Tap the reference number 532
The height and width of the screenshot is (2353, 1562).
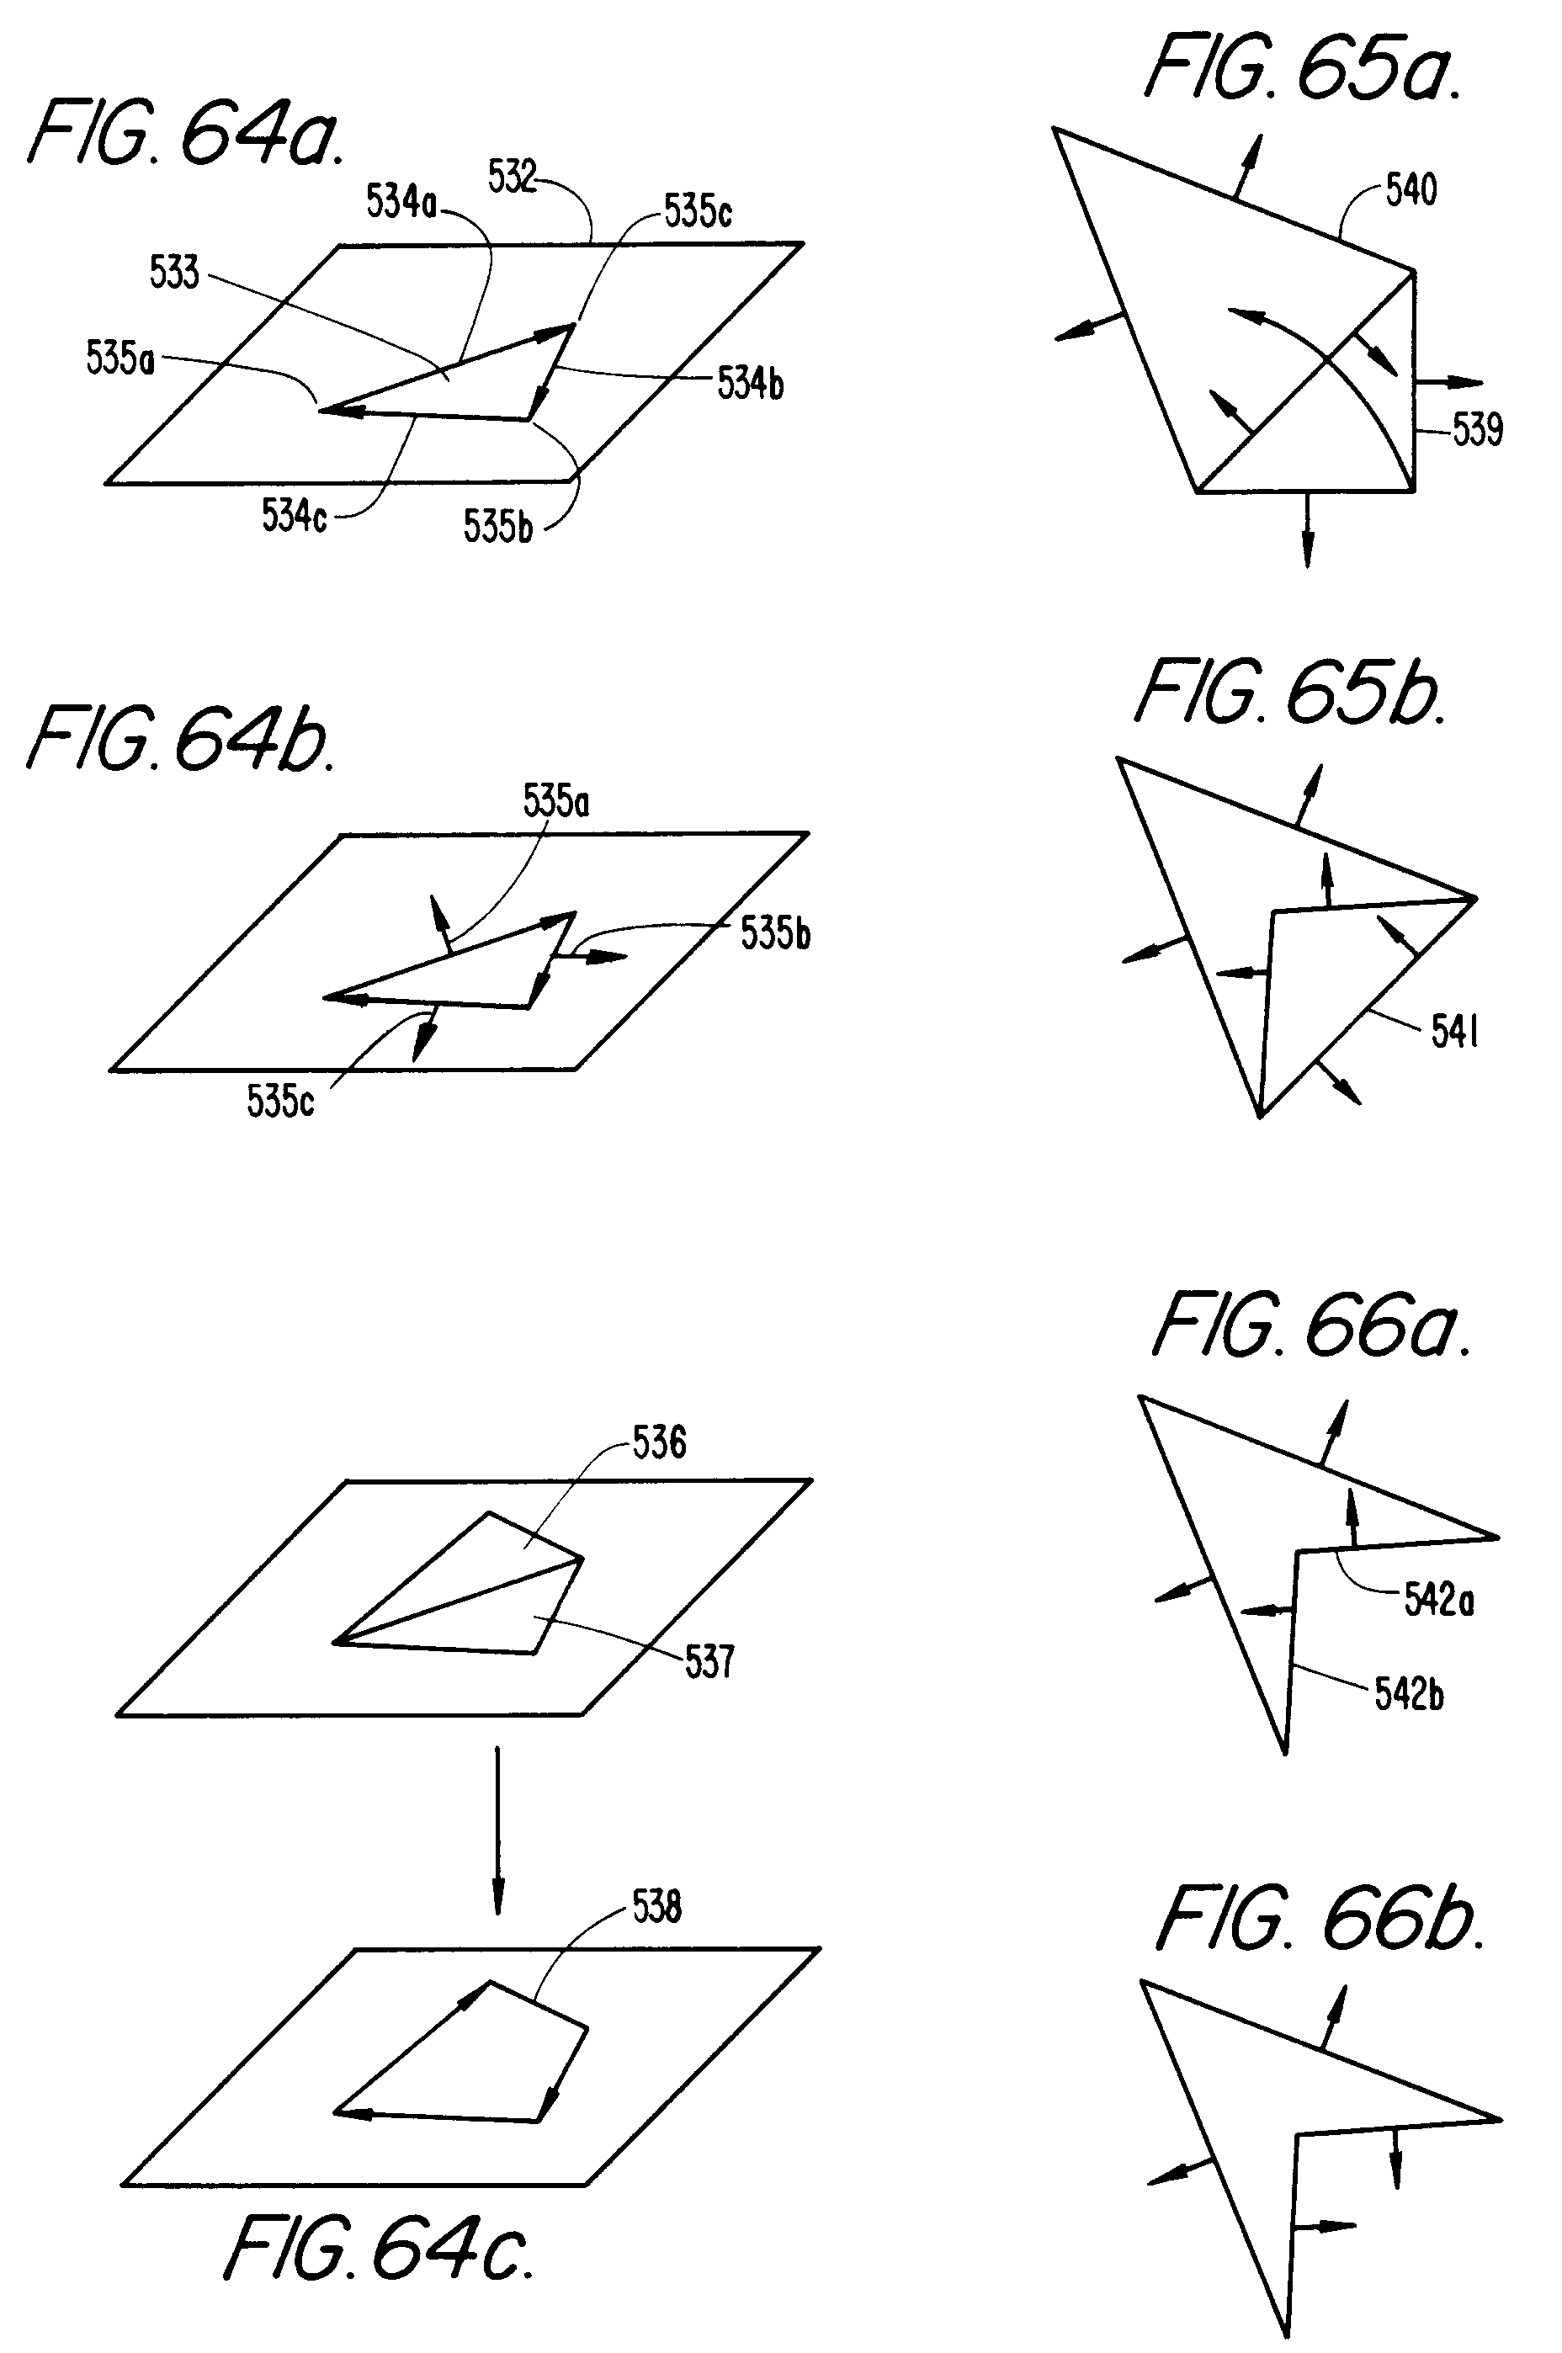click(512, 177)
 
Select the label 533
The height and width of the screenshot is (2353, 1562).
click(174, 272)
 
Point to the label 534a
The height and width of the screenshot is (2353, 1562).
click(401, 201)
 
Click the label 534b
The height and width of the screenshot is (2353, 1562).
click(750, 383)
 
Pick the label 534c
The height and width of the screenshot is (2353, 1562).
click(294, 516)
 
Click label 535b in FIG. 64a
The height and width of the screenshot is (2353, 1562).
click(497, 526)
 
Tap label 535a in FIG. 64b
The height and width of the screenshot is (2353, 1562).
click(555, 801)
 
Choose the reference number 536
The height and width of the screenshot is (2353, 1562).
click(660, 1442)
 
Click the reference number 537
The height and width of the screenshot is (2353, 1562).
click(709, 1660)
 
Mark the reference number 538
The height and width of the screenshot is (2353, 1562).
click(656, 1907)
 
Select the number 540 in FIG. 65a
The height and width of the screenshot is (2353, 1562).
click(1411, 189)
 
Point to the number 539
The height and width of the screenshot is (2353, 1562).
click(1477, 429)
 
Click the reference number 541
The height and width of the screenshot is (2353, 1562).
click(1454, 1032)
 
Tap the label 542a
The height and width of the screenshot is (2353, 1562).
click(1438, 1600)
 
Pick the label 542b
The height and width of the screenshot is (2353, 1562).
click(1409, 1693)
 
